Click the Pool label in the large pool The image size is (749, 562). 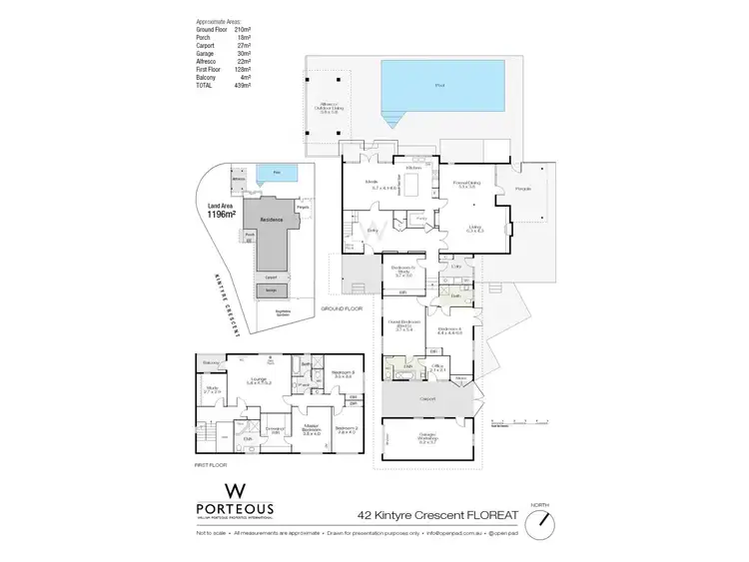(439, 87)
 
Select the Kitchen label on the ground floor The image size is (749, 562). (414, 168)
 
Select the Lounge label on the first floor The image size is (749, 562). (260, 380)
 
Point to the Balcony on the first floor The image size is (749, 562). (211, 362)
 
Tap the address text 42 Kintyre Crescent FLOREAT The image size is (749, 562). (436, 516)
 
